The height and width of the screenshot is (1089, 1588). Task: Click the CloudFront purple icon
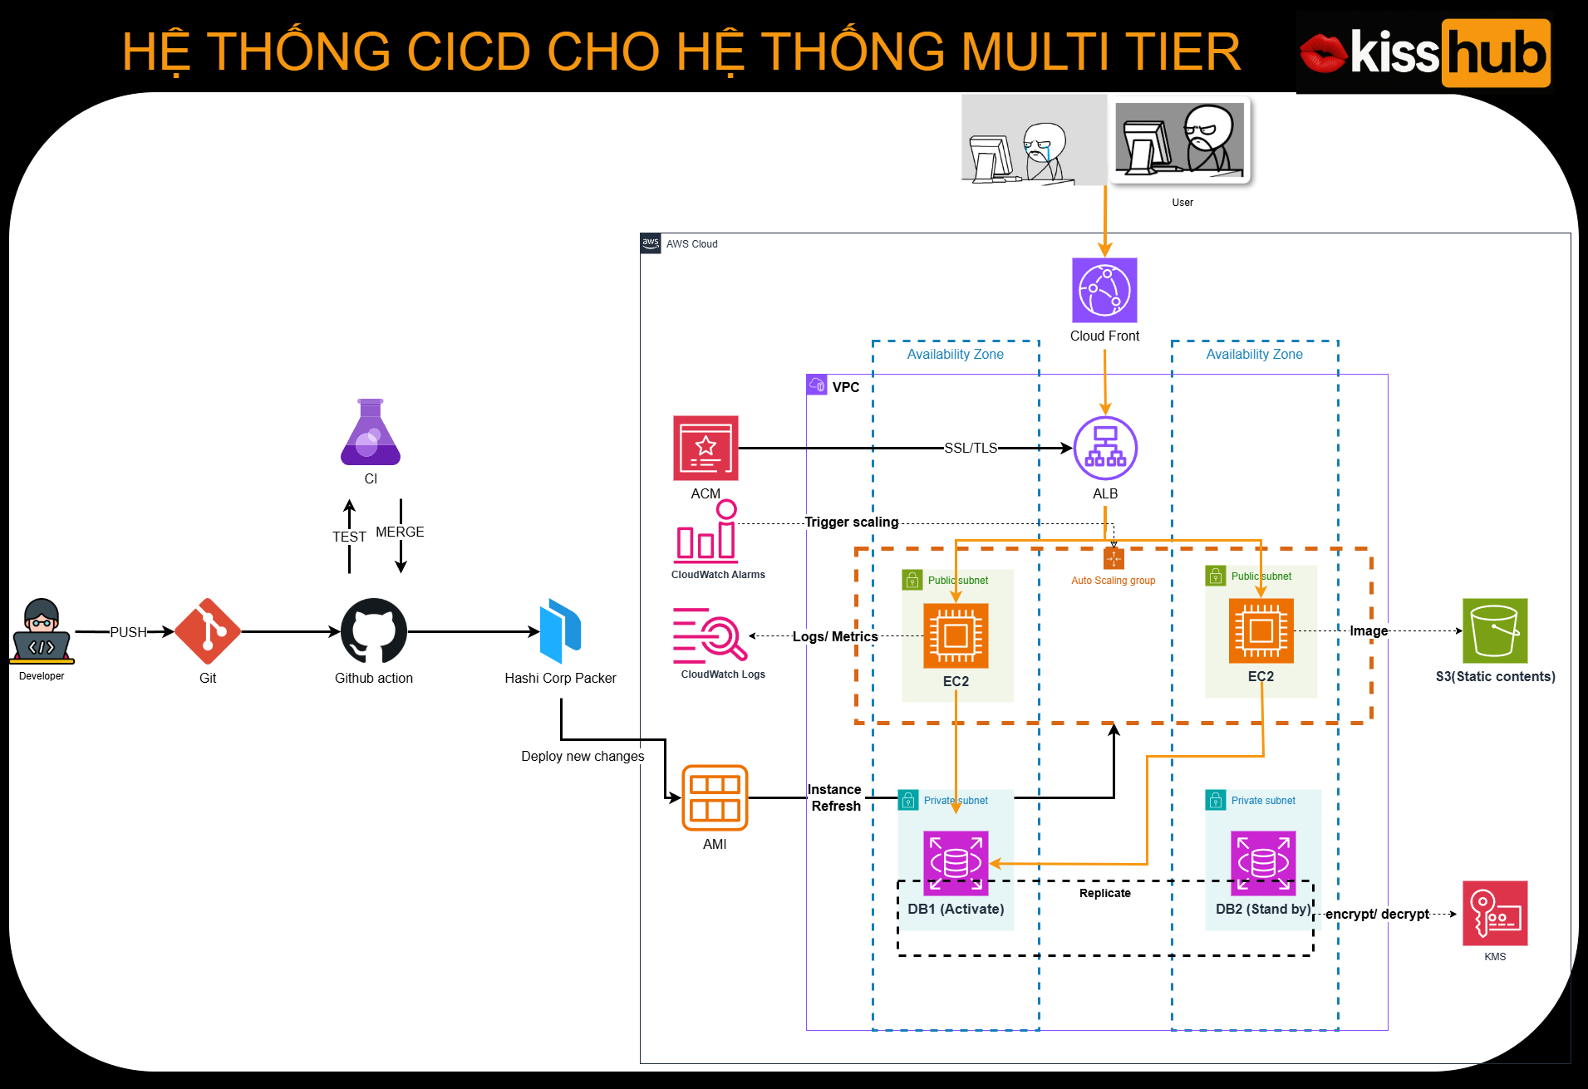click(x=1104, y=290)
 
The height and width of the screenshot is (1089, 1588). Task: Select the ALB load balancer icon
click(x=1105, y=449)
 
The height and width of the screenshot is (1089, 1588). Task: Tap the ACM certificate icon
click(x=706, y=449)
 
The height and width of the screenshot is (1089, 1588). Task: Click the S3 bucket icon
click(x=1495, y=630)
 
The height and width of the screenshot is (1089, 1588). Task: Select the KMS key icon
click(x=1495, y=913)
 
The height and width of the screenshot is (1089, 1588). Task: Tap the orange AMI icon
click(x=715, y=797)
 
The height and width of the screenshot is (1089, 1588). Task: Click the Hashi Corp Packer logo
click(x=560, y=631)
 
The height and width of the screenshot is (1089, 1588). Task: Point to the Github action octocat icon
click(x=374, y=631)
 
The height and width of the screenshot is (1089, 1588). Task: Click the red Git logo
click(x=208, y=631)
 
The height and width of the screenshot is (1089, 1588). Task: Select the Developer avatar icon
click(x=42, y=631)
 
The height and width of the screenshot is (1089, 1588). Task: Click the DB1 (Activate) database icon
click(x=956, y=863)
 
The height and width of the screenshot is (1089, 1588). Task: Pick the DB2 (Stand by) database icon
click(x=1263, y=863)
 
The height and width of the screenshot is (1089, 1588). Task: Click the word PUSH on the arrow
click(x=128, y=632)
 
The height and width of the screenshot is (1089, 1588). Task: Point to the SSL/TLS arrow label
click(x=971, y=448)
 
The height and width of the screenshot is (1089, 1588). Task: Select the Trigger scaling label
click(x=852, y=522)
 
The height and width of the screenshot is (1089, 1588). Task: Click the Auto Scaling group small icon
click(x=1114, y=558)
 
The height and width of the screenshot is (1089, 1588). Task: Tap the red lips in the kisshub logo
click(x=1323, y=53)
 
